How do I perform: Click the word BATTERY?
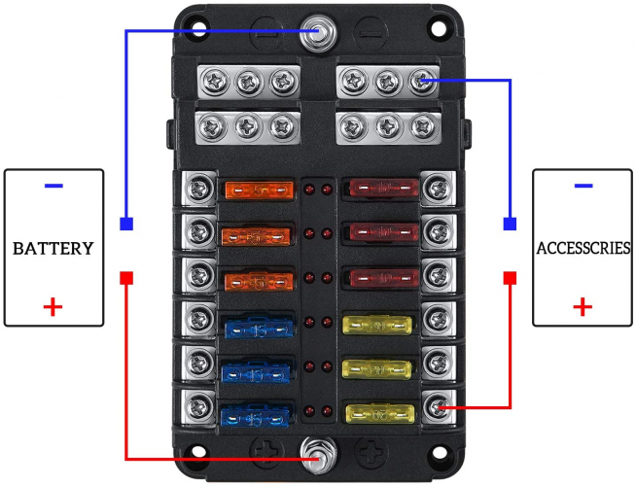(53, 248)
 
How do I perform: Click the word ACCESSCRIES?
(583, 248)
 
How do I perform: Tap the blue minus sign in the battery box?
(53, 186)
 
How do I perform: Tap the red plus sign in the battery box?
(53, 309)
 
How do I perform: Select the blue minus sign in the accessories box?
(583, 186)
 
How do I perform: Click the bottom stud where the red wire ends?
(314, 453)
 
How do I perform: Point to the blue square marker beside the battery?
(126, 225)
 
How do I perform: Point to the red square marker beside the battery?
(126, 278)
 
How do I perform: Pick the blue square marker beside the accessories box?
(510, 225)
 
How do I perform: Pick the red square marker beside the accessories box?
(510, 278)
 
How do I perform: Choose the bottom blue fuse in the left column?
(255, 417)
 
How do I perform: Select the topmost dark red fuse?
(382, 185)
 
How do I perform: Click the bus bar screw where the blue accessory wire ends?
(422, 81)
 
